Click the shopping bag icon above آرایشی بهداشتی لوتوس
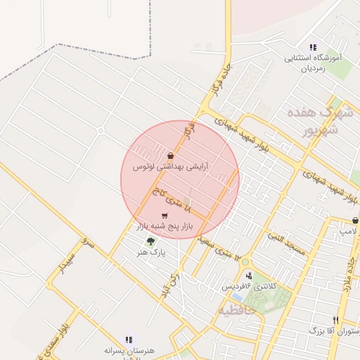point(171,155)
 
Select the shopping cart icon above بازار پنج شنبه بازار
point(165,216)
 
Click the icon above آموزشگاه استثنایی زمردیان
point(313,47)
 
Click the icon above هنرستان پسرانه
point(129,339)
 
